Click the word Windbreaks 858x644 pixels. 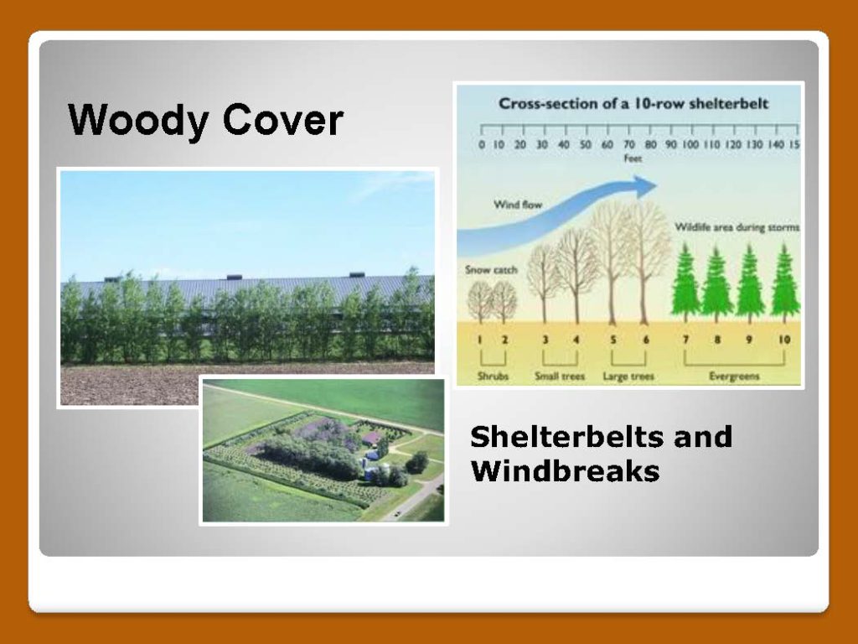click(x=565, y=471)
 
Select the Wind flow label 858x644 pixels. click(x=518, y=205)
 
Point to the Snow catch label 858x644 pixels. click(x=491, y=269)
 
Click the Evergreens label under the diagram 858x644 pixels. click(x=734, y=377)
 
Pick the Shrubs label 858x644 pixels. click(x=493, y=377)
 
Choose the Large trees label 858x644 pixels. click(x=628, y=377)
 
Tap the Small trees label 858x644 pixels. click(x=560, y=377)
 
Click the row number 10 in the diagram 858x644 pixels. click(x=784, y=340)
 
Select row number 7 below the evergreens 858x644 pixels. click(x=685, y=340)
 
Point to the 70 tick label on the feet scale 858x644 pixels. click(x=628, y=144)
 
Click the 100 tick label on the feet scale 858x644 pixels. click(x=690, y=144)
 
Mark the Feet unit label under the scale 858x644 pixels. click(x=633, y=158)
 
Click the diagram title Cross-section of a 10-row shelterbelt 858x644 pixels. click(x=633, y=103)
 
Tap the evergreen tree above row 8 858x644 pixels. click(x=717, y=284)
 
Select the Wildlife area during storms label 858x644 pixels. click(x=737, y=226)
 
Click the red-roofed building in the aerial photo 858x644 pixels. click(x=372, y=438)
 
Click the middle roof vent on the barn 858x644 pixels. click(x=235, y=278)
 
